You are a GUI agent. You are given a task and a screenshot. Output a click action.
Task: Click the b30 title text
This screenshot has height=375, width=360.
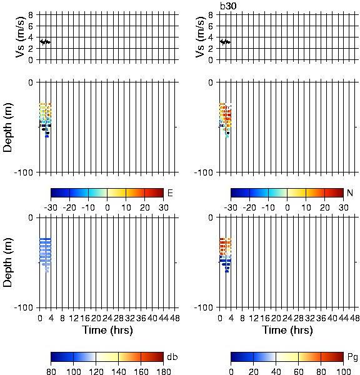pos(228,6)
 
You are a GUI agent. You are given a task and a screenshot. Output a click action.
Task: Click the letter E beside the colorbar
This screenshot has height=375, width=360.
pos(170,193)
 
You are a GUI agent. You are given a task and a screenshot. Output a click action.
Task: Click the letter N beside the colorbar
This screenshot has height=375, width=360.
pos(350,192)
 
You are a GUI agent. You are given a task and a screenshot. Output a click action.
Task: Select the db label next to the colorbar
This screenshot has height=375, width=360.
pos(172,357)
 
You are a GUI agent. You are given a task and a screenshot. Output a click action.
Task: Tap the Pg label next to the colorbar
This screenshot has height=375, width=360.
pos(352,357)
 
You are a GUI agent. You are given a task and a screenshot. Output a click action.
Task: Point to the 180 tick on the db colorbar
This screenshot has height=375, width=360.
pos(163,371)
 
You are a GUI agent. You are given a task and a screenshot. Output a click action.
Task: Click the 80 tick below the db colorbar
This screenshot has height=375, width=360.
pos(51,371)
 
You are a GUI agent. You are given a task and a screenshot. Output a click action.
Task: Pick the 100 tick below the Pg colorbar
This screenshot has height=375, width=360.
pos(343,371)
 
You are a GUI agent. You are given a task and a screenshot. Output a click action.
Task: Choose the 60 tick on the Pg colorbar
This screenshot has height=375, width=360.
pos(298,371)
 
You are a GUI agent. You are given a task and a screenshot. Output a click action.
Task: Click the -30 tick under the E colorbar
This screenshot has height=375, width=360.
pos(51,207)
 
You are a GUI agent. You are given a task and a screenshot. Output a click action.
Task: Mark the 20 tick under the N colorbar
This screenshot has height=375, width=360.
pos(324,207)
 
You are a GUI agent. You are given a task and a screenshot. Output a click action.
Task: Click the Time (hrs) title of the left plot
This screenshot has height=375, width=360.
pos(107,330)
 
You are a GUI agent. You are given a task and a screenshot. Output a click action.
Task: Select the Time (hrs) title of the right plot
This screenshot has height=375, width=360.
pos(287,330)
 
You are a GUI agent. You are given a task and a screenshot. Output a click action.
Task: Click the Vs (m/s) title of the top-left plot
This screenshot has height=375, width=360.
pos(21,37)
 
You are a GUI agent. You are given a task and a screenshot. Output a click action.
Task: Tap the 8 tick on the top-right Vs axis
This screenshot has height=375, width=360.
pos(211,15)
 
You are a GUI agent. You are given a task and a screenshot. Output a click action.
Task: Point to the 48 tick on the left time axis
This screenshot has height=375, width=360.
pos(175,318)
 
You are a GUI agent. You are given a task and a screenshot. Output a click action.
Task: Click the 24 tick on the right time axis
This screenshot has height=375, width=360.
pos(287,318)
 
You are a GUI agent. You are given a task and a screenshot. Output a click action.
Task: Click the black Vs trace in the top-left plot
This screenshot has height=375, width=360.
pos(45,42)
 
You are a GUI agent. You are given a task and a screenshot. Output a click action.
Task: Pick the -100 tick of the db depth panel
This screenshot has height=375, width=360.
pos(24,307)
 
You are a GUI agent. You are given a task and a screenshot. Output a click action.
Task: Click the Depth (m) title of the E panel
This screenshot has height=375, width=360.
pos(7,127)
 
